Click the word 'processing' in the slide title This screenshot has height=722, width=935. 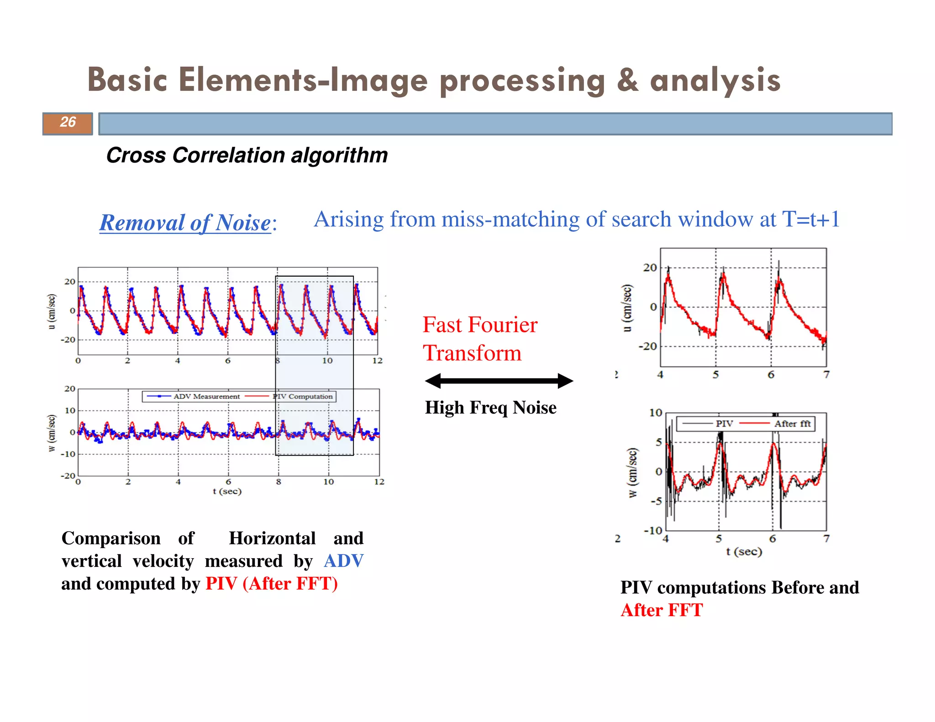(x=522, y=81)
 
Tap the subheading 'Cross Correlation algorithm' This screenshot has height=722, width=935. (x=247, y=156)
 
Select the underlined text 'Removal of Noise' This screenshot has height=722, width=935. (x=185, y=223)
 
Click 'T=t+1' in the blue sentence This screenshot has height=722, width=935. (x=811, y=220)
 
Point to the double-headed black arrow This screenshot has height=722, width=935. (x=499, y=381)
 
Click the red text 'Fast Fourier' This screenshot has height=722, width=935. (x=480, y=325)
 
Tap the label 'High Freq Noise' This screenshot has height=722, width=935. (x=490, y=408)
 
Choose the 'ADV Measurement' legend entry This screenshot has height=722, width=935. (x=206, y=396)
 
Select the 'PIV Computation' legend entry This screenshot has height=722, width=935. (x=303, y=396)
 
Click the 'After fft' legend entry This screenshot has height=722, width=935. (x=792, y=424)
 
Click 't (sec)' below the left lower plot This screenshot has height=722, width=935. (x=227, y=492)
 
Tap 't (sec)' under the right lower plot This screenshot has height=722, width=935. (x=744, y=551)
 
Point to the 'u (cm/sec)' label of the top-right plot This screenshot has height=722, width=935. (x=628, y=308)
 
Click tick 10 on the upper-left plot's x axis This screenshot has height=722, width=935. (x=327, y=361)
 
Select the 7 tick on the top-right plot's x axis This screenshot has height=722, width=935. (x=826, y=375)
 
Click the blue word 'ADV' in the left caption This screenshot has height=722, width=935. (x=343, y=561)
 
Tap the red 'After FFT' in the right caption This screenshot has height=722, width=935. (x=662, y=611)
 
